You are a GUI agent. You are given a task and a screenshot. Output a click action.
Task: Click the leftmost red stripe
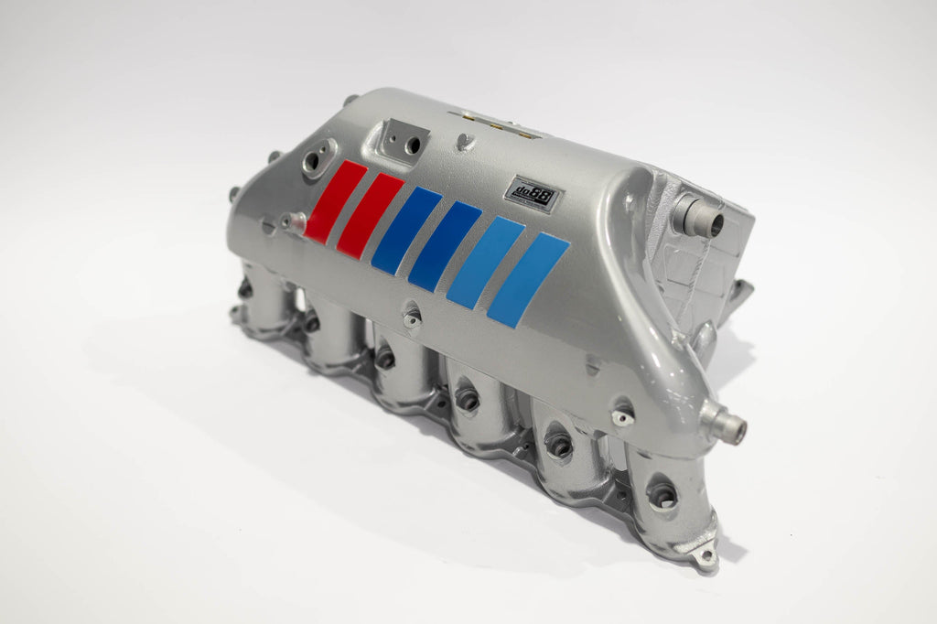pos(335,202)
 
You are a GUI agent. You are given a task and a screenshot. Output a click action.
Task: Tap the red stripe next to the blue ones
pos(370,215)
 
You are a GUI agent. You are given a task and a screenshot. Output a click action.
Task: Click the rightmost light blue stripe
pos(528,279)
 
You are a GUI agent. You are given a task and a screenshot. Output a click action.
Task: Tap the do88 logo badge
pos(533,195)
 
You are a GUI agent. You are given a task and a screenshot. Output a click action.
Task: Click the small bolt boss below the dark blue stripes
pos(413,317)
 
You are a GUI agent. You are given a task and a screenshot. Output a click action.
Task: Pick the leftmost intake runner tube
pos(261,297)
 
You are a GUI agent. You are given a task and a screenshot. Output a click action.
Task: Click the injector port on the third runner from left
pos(384,360)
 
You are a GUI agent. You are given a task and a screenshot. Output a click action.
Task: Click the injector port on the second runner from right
pos(558,446)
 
